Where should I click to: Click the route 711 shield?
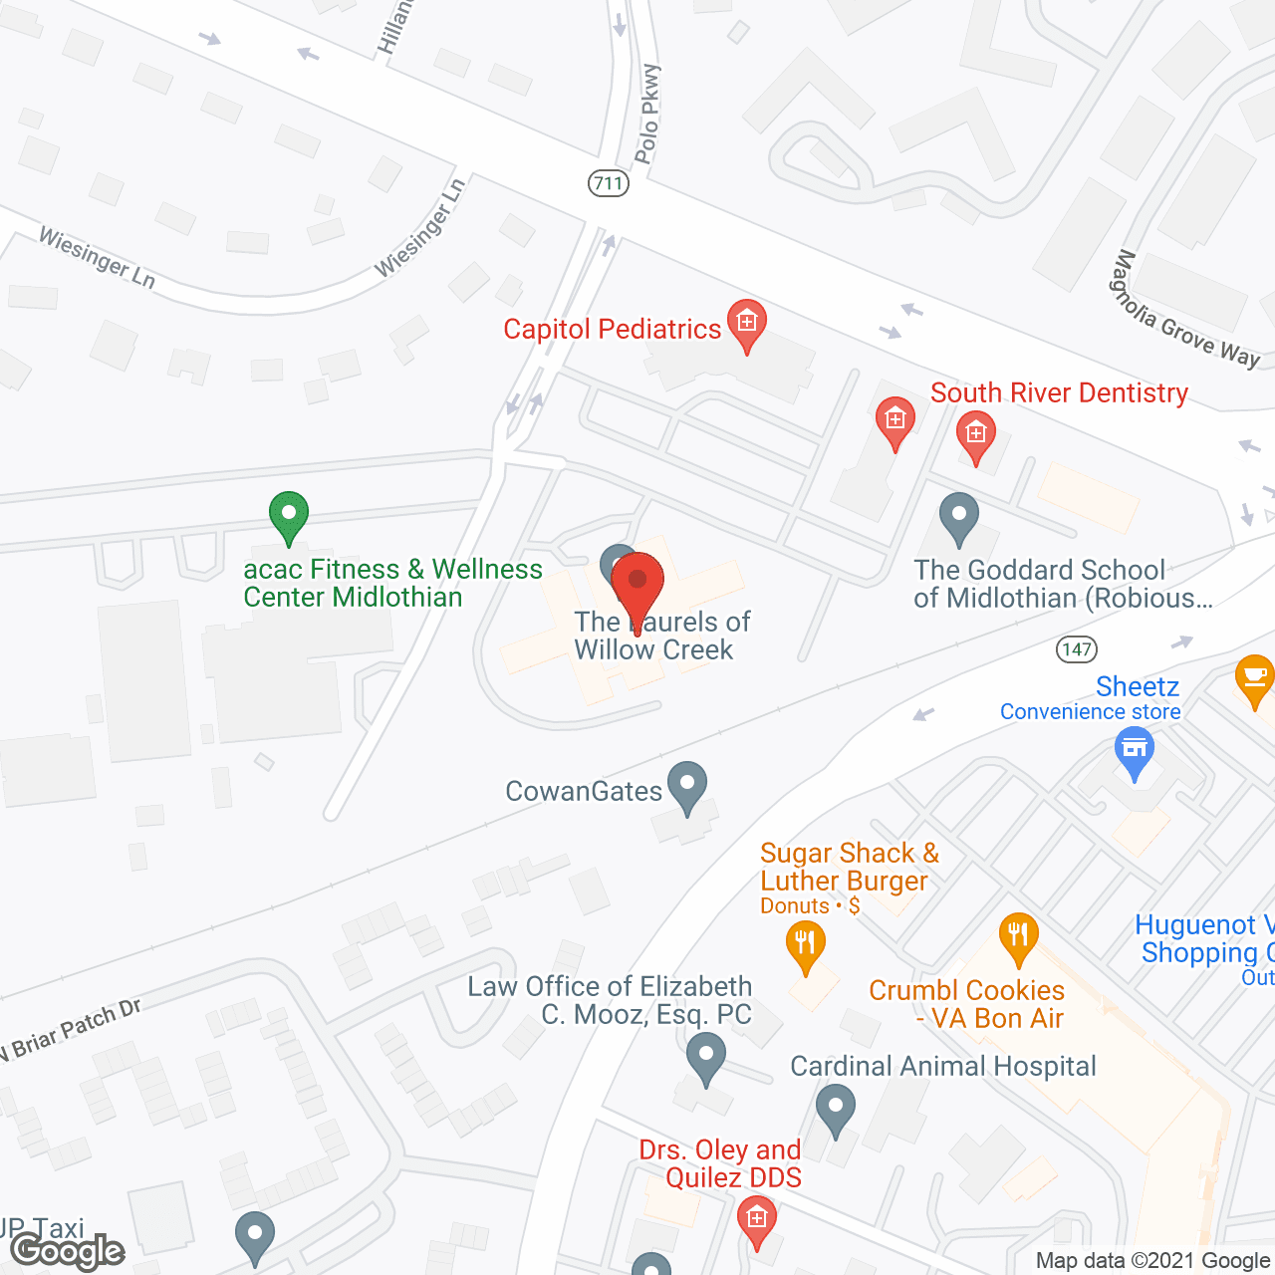pyautogui.click(x=608, y=183)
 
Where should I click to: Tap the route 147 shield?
pyautogui.click(x=1077, y=649)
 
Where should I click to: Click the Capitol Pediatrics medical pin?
pyautogui.click(x=746, y=324)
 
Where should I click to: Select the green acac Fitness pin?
pyautogui.click(x=288, y=517)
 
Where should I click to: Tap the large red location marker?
pyautogui.click(x=637, y=589)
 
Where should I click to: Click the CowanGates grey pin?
pyautogui.click(x=687, y=786)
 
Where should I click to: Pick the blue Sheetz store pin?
pyautogui.click(x=1135, y=752)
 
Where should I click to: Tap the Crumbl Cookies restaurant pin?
pyautogui.click(x=1018, y=937)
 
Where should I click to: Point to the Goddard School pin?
pyautogui.click(x=959, y=518)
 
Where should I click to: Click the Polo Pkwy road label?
pyautogui.click(x=647, y=114)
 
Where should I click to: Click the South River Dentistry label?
pyautogui.click(x=1059, y=392)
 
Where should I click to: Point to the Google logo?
pyautogui.click(x=68, y=1250)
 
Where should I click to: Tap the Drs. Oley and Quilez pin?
pyautogui.click(x=757, y=1220)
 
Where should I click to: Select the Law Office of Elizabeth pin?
pyautogui.click(x=706, y=1058)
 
